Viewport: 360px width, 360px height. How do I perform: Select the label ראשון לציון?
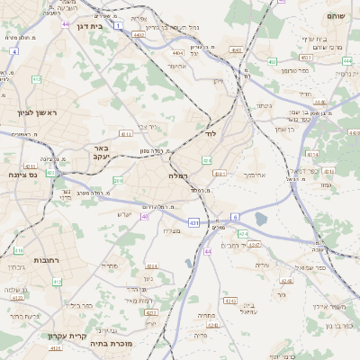click(x=37, y=112)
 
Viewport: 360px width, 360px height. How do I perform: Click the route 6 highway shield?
click(x=235, y=217)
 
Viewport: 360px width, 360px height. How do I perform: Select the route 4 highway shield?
click(x=13, y=51)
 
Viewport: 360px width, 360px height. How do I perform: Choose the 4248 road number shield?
click(x=254, y=245)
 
